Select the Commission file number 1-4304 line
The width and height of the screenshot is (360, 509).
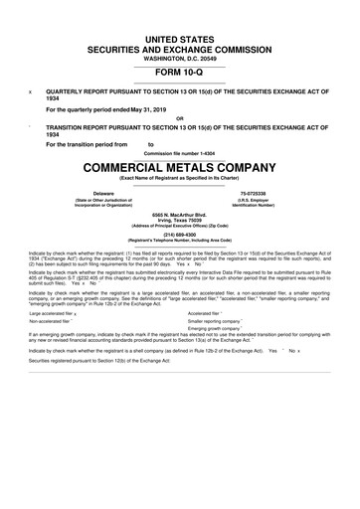(x=180, y=153)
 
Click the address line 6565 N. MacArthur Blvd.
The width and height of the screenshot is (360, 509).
(x=180, y=214)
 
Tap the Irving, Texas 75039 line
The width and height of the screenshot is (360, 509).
(x=180, y=220)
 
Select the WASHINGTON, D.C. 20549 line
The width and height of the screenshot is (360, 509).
(x=180, y=56)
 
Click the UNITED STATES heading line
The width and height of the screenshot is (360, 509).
(x=180, y=36)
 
